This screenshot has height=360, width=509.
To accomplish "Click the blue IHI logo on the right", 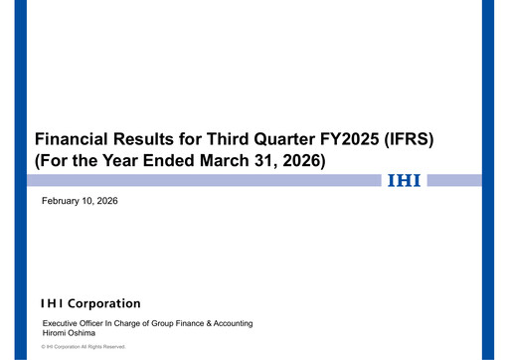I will pyautogui.click(x=403, y=180).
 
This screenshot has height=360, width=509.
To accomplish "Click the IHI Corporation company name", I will pyautogui.click(x=90, y=303).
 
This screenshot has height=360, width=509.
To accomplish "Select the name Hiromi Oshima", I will pyautogui.click(x=69, y=333).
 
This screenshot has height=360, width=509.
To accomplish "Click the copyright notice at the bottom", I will pyautogui.click(x=84, y=346).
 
